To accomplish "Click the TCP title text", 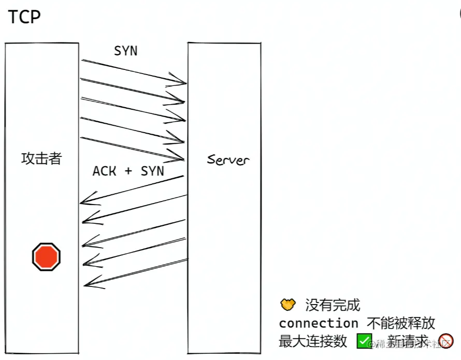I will pos(24,17).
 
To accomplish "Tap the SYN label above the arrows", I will pos(126,51).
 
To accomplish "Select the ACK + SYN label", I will pos(128,171).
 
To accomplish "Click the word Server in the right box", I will pos(228,160).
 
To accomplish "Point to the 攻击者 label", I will pos(41,159).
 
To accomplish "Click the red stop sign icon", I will pos(47,256).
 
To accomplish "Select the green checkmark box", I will pos(364,341).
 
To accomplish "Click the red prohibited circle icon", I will pos(445,341).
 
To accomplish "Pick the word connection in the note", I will pos(319,323).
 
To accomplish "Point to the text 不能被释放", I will pos(401,323).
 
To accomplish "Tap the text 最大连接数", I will pos(312,341).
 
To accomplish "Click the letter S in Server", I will pos(211,160).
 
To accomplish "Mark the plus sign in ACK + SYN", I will pos(128,171).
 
